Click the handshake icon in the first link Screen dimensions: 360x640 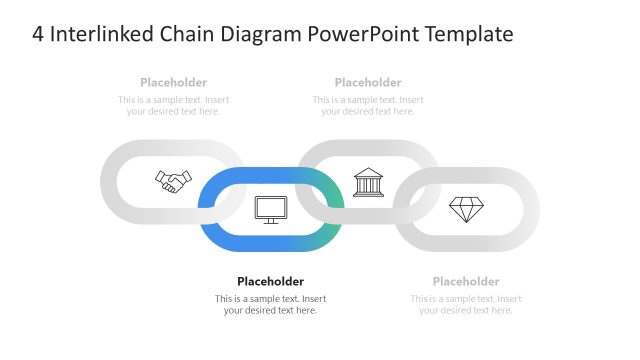pos(173,181)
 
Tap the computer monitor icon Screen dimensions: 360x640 pos(271,209)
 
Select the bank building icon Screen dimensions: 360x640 pos(368,182)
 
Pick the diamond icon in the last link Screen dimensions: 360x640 pos(466,209)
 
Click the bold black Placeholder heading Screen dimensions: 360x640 pos(270,281)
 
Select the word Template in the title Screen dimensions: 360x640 pos(469,34)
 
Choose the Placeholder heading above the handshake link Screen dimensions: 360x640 pos(174,82)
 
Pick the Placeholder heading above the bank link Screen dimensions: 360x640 pos(368,82)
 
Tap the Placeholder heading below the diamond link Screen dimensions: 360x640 pos(466,281)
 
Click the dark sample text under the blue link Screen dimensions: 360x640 pos(270,304)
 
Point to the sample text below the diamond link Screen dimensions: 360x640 pos(466,304)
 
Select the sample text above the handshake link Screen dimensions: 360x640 pos(174,105)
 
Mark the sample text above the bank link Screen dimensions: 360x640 pos(368,105)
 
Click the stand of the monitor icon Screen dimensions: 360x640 pos(271,221)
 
